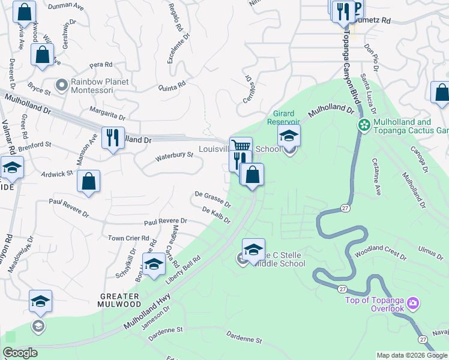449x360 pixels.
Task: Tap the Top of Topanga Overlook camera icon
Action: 412,303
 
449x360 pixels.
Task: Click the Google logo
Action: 20,353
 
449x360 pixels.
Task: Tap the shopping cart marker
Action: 241,146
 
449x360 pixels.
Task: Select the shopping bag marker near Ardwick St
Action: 88,182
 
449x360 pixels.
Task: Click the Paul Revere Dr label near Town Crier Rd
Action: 164,221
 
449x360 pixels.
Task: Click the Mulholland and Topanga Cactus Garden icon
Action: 363,125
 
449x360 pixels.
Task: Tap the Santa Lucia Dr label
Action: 368,94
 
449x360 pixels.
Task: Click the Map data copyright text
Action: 411,355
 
